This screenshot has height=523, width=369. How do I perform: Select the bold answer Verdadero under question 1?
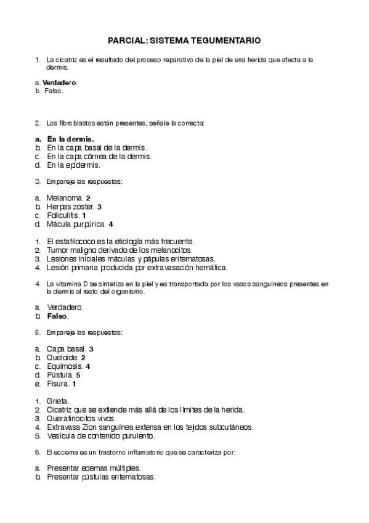click(x=60, y=82)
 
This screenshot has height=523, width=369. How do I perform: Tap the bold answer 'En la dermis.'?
click(x=70, y=139)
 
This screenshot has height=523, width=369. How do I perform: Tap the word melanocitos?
click(x=172, y=250)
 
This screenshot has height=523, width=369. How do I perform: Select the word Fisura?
click(x=58, y=384)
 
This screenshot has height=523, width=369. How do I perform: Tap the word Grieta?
click(x=58, y=401)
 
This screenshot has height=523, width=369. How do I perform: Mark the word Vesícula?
click(x=61, y=435)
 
